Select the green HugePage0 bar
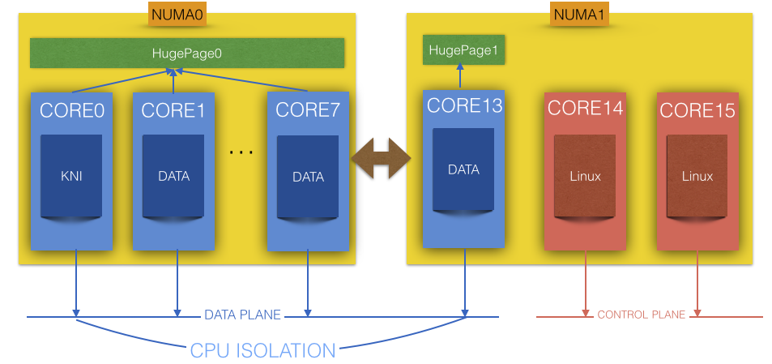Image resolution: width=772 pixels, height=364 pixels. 187,54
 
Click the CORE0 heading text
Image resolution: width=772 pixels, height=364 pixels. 71,111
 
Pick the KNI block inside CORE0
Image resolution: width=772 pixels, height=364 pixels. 71,176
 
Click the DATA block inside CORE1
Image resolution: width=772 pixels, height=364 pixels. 173,176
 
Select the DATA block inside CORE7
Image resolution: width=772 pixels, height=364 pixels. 308,177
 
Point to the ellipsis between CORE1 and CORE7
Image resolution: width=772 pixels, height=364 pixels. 241,152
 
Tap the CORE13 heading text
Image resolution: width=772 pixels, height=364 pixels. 464,105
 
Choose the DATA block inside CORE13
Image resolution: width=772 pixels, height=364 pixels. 463,170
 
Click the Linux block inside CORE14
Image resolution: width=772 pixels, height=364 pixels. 586,176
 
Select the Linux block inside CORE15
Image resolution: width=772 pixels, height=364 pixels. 697,176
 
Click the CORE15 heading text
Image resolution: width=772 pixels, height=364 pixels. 697,110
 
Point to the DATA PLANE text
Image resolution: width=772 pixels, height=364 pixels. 242,315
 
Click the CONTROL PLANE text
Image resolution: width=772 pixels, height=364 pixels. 641,315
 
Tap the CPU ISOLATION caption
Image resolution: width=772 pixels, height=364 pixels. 262,350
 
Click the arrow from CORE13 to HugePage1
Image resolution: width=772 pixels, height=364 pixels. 460,78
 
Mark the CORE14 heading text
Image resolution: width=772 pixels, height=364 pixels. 585,108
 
